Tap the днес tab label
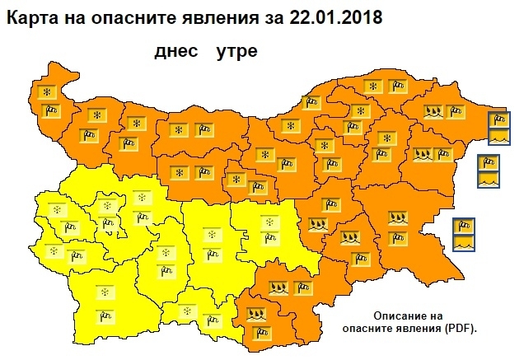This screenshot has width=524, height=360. (176, 51)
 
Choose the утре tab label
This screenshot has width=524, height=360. (237, 51)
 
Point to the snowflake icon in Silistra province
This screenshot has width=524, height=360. (373, 86)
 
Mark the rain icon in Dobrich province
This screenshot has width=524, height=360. (433, 110)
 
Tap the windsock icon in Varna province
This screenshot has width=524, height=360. (445, 152)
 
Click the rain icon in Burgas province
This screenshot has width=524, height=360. (398, 218)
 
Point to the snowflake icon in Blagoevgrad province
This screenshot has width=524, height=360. (104, 292)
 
